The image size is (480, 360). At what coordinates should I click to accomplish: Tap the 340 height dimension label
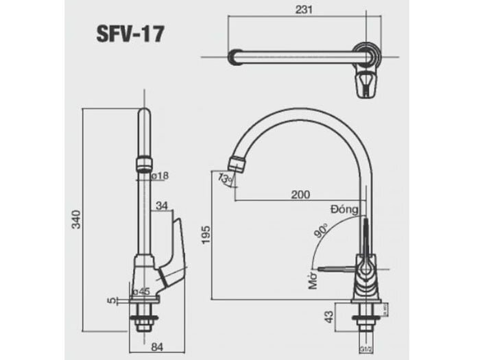point(78,219)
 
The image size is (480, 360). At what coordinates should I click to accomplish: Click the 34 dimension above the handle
point(162,204)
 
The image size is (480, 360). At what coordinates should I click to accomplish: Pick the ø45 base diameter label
point(143,291)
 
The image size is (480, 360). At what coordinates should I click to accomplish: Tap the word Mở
point(313,281)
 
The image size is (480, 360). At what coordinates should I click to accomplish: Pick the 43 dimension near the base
point(328,317)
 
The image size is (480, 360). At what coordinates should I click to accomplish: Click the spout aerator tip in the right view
point(235,164)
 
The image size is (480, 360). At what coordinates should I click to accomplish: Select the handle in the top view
point(368,84)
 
